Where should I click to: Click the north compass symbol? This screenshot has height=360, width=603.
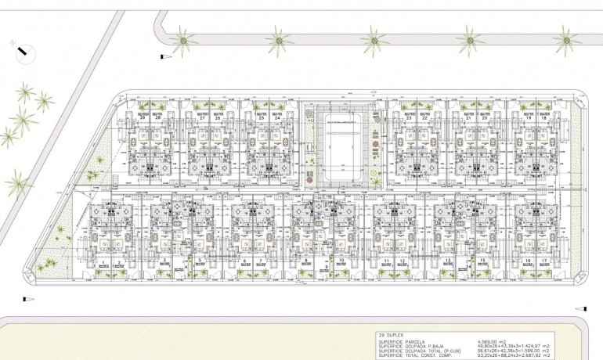click(25, 53)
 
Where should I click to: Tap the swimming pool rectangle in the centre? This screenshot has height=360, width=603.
click(343, 149)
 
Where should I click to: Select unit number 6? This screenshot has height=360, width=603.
click(245, 261)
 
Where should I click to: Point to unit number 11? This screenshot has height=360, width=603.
click(387, 261)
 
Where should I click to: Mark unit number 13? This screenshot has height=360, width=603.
click(446, 261)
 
